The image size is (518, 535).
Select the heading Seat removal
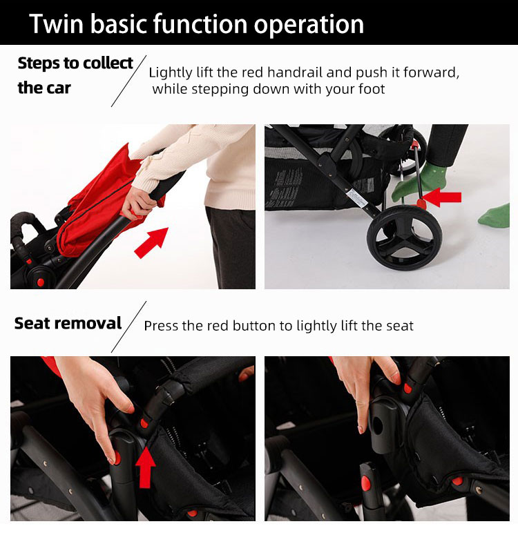click(68, 324)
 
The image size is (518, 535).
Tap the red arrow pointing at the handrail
click(151, 243)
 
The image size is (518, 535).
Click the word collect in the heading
click(108, 64)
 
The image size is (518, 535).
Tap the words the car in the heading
click(44, 88)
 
